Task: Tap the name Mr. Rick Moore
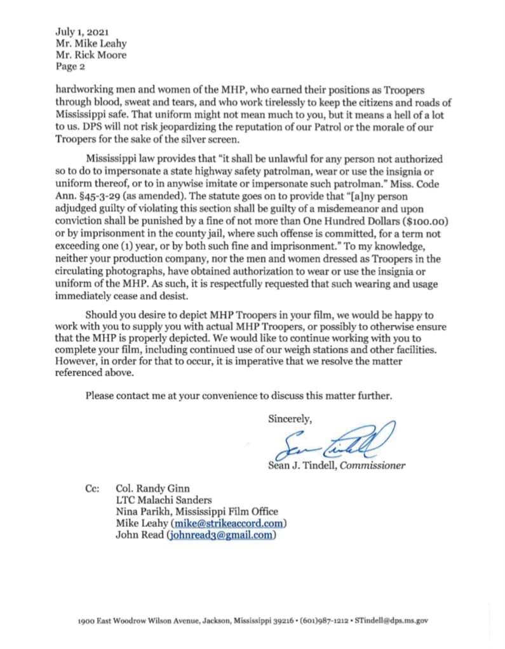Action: click(x=91, y=55)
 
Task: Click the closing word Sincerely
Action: click(x=290, y=418)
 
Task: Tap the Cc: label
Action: click(x=91, y=489)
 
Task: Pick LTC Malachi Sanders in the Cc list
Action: click(x=163, y=500)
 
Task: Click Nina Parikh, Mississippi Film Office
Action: click(x=196, y=512)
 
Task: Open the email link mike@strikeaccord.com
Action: click(x=229, y=523)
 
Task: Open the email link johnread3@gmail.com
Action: click(x=222, y=535)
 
